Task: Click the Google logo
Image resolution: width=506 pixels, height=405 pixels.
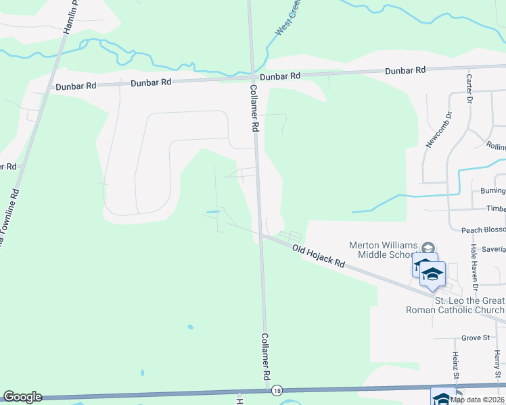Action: pos(22,397)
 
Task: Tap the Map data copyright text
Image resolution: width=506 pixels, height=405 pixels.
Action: pos(478,400)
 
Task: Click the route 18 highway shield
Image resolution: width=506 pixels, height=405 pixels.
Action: pos(276,391)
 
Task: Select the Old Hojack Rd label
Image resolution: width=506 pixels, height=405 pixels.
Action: pos(319,256)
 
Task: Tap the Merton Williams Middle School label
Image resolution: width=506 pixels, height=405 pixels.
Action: pos(382,250)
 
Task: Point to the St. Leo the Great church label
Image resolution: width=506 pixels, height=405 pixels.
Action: pos(469,305)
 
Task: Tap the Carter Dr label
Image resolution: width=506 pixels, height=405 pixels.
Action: pos(468,88)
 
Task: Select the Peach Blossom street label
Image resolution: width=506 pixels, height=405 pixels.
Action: pos(483,230)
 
